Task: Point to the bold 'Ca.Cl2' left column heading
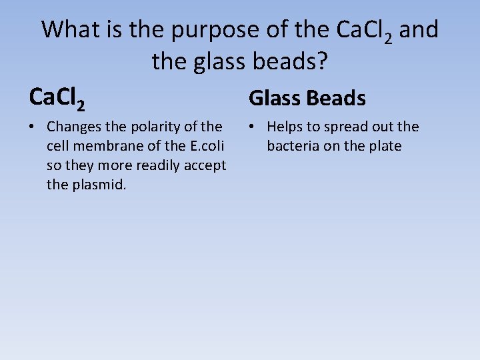[57, 98]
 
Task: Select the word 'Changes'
[73, 127]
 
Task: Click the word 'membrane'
[105, 146]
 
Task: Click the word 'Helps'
[285, 127]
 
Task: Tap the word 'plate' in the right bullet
[385, 146]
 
